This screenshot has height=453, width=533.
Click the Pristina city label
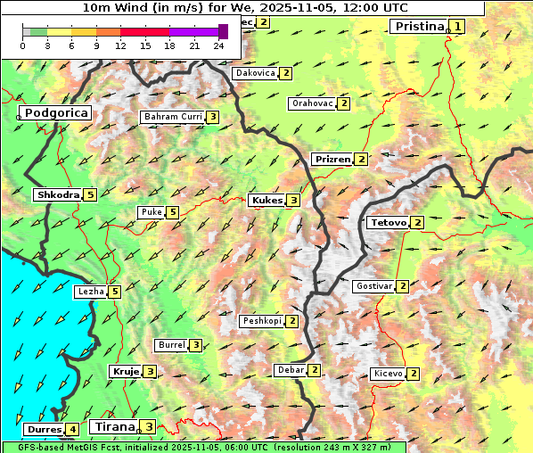click(418, 27)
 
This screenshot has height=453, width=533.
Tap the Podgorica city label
click(55, 113)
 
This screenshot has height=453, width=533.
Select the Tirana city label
click(113, 426)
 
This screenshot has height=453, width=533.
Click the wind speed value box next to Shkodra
click(90, 195)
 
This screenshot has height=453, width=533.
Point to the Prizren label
click(332, 160)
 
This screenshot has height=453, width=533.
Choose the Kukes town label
click(266, 201)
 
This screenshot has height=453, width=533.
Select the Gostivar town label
click(373, 286)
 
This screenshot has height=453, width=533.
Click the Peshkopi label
click(262, 321)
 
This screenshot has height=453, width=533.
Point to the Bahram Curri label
click(173, 117)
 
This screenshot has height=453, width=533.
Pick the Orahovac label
click(312, 103)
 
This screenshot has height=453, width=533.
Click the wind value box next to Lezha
click(115, 292)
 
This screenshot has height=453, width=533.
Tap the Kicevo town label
click(389, 374)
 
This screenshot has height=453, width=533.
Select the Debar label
click(291, 370)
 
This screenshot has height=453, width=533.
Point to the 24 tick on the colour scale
click(218, 45)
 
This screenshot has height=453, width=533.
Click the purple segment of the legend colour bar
click(188, 31)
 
